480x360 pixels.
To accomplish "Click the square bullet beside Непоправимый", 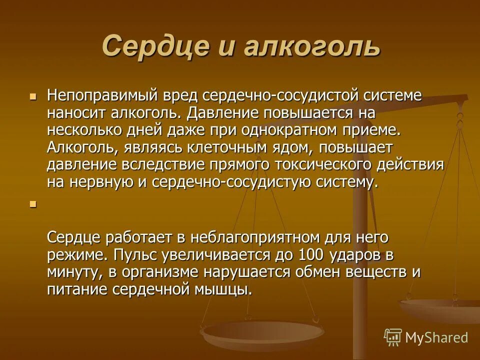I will [x=33, y=95].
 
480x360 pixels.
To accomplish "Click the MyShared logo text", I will [x=436, y=337].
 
